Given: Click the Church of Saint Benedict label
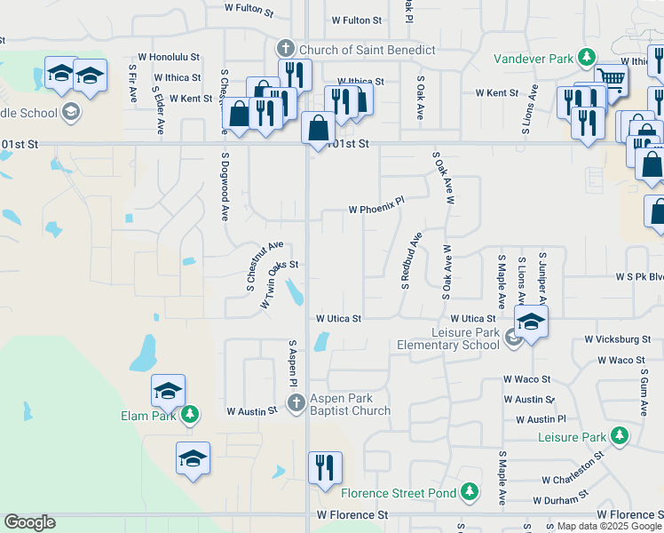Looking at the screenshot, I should [x=368, y=50].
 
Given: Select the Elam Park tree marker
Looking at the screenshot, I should [x=190, y=414].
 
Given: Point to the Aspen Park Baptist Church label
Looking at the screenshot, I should [x=350, y=404].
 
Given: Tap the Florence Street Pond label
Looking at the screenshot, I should [x=398, y=492].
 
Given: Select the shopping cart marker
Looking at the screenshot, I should [x=611, y=78].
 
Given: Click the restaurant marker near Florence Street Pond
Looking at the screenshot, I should [x=325, y=466].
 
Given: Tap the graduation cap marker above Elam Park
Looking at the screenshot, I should [x=168, y=390].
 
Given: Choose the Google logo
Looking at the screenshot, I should [x=29, y=522].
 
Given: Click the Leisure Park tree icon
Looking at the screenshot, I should [x=620, y=436].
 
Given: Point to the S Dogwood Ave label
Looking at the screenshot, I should [x=225, y=187].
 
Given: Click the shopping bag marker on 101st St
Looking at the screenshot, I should [x=318, y=128].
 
